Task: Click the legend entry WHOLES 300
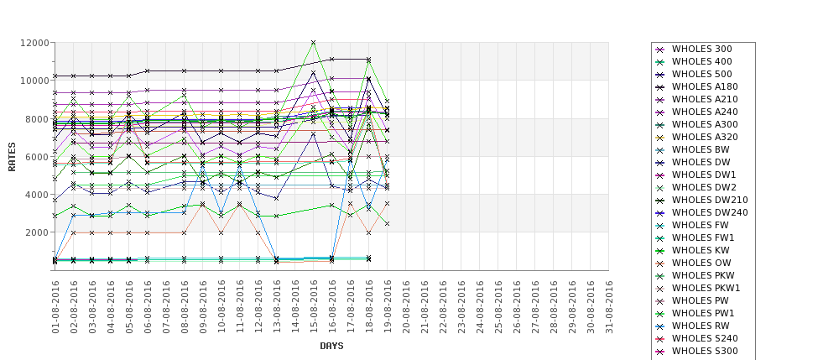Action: click(x=701, y=50)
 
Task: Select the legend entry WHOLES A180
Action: click(x=705, y=87)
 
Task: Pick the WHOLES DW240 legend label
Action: click(x=710, y=213)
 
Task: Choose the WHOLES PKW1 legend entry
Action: click(x=706, y=289)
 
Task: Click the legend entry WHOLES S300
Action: click(x=705, y=352)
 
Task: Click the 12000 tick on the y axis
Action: click(x=34, y=43)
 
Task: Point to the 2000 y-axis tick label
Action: click(x=36, y=232)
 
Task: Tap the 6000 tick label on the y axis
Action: click(x=36, y=157)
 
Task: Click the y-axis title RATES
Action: click(x=12, y=156)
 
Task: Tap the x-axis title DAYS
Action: click(x=331, y=346)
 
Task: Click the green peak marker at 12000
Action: click(x=314, y=43)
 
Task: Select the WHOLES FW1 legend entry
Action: click(x=701, y=238)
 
